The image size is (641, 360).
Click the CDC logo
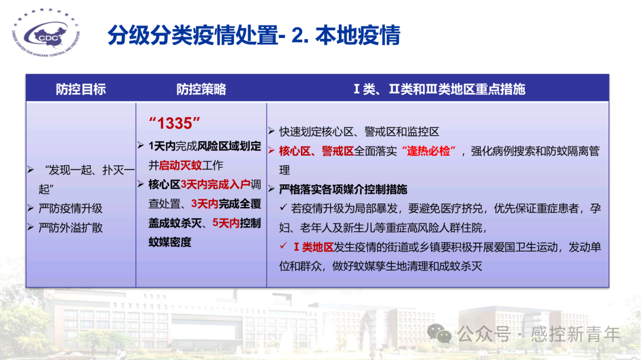tap(47, 37)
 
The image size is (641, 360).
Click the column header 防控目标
tap(81, 90)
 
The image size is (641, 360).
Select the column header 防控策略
tap(201, 90)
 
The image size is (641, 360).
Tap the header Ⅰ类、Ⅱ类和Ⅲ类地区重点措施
tap(439, 90)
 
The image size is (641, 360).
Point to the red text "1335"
tap(174, 123)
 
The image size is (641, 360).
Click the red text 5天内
tap(226, 223)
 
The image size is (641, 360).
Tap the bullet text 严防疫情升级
tap(71, 209)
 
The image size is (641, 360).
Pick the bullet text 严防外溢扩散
tap(71, 228)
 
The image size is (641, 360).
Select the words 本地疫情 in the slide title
tap(358, 36)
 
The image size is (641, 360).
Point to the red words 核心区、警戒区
tap(316, 151)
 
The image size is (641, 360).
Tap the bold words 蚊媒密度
tap(170, 242)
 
